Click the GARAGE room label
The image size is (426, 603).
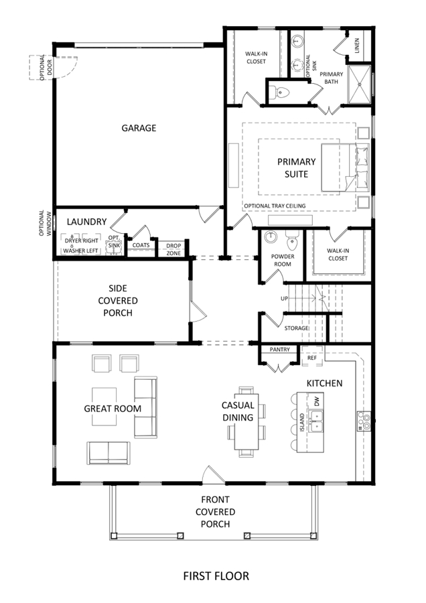click(x=139, y=128)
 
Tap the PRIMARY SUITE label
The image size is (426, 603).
click(x=297, y=168)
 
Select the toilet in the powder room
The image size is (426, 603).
click(x=291, y=241)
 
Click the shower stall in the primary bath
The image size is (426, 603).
click(x=360, y=84)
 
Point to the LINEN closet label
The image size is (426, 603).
click(x=357, y=46)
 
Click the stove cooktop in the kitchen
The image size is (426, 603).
click(x=364, y=421)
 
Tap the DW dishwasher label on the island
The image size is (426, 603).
click(x=317, y=402)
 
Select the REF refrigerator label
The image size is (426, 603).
click(x=312, y=358)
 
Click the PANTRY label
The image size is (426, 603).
click(x=279, y=350)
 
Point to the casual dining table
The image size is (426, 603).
click(x=246, y=421)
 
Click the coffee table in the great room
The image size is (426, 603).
click(x=104, y=407)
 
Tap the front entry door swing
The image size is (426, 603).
click(x=214, y=474)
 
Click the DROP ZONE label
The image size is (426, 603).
click(x=173, y=249)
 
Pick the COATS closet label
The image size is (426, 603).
click(x=141, y=245)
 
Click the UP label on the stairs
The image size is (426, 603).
click(x=284, y=298)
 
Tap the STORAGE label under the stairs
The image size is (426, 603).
click(x=297, y=328)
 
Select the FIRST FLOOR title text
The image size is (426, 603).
click(x=216, y=576)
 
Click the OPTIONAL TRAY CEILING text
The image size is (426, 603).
click(x=275, y=206)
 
